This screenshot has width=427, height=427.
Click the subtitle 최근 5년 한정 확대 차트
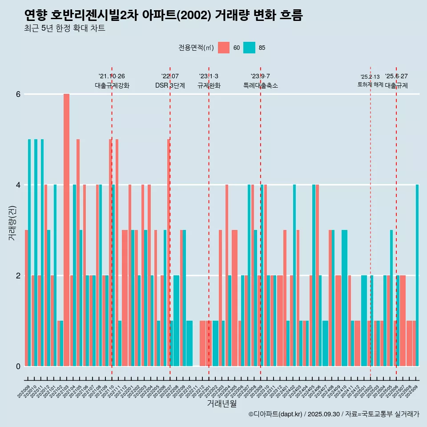65,29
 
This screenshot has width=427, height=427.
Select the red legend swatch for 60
224,48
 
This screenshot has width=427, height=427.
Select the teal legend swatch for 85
250,48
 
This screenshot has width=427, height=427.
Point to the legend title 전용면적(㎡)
196,48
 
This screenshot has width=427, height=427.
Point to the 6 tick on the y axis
18,94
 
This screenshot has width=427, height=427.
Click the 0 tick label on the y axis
18,366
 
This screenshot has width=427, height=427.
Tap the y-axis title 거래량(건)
12,222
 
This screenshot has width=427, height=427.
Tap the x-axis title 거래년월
222,403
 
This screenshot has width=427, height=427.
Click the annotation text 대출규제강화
112,85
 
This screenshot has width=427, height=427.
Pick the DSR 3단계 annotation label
170,85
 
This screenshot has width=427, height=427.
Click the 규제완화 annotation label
209,85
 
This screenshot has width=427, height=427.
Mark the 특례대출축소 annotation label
261,85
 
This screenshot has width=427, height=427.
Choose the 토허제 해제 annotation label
370,85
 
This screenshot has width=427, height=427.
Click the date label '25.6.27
396,77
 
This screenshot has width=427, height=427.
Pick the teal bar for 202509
417,275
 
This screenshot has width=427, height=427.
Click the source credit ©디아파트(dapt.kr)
276,414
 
